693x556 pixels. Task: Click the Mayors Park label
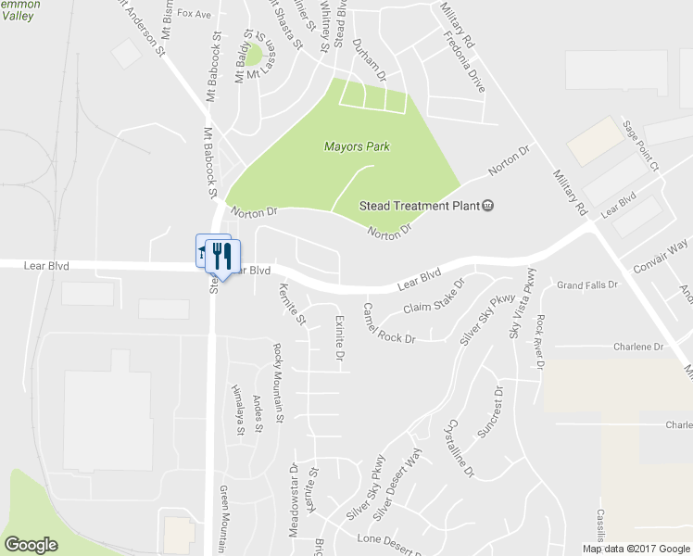click(357, 146)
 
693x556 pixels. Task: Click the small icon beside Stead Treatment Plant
click(488, 206)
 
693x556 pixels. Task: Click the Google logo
click(31, 545)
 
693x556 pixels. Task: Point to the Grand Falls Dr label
click(586, 284)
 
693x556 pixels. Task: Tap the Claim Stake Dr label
click(433, 297)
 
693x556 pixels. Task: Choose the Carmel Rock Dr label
click(389, 322)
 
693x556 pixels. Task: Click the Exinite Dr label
click(338, 336)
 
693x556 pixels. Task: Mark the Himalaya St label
click(238, 408)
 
